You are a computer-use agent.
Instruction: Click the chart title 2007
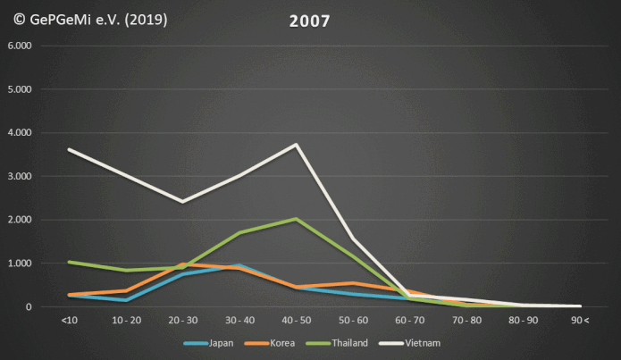click(311, 20)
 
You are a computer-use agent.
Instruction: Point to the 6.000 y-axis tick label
click(20, 46)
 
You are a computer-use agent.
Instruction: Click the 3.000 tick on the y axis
click(20, 176)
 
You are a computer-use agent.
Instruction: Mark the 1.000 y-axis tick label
click(20, 264)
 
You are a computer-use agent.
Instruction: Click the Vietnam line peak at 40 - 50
click(296, 145)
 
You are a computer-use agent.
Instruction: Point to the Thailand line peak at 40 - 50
click(296, 218)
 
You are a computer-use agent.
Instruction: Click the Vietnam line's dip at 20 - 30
click(182, 202)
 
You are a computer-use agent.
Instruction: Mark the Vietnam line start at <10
click(69, 149)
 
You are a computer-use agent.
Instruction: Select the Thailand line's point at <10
click(69, 262)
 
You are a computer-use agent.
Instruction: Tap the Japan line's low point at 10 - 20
click(125, 300)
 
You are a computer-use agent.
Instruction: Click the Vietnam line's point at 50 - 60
click(353, 239)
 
